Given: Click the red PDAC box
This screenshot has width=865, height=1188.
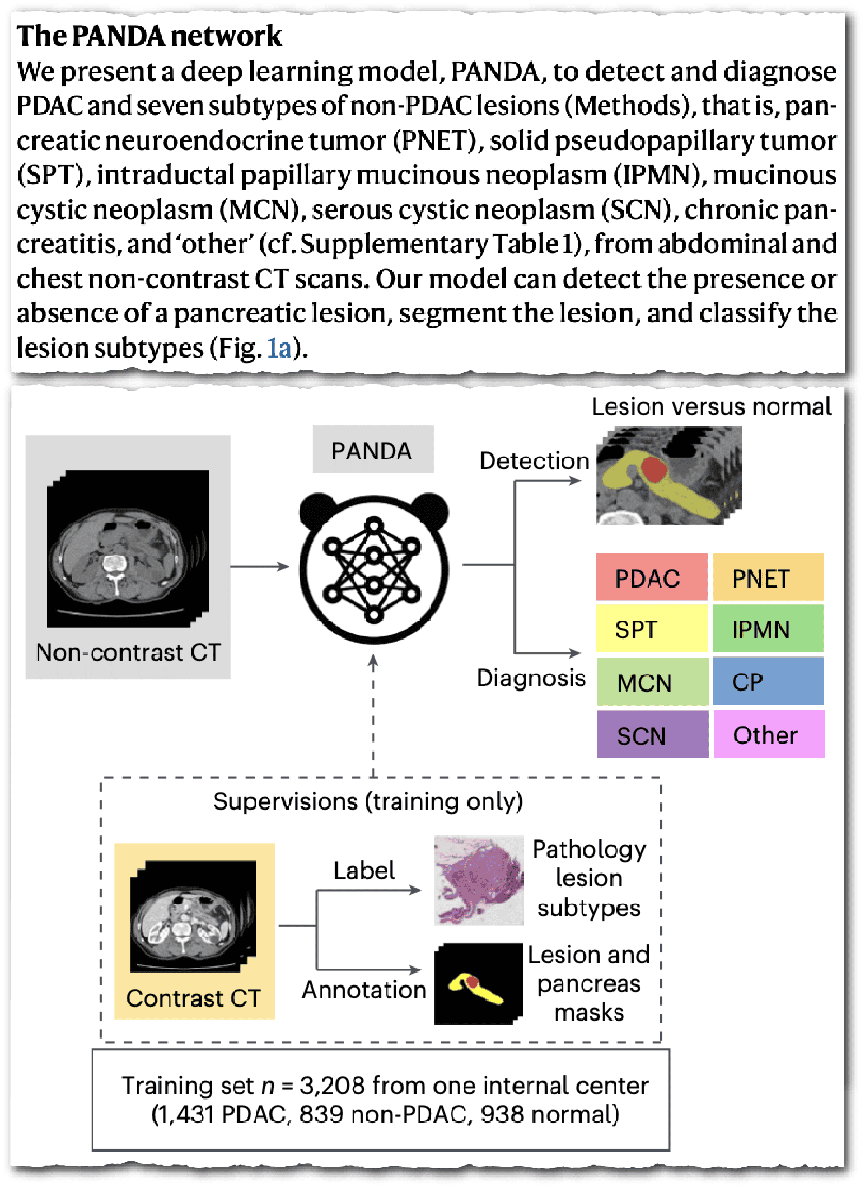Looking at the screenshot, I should (652, 577).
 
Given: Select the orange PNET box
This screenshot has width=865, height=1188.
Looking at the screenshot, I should (768, 577).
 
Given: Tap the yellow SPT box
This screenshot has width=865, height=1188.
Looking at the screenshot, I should (652, 629).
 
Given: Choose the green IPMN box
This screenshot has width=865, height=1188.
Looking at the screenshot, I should (768, 629).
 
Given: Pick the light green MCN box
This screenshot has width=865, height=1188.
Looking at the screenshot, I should (652, 682).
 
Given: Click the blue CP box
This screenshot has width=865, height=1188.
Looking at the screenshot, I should (768, 681).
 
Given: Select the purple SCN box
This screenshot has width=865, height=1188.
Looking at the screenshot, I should (652, 734).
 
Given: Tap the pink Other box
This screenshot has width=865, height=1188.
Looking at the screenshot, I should (769, 734).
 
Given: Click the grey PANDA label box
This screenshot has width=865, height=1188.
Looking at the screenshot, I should (373, 450).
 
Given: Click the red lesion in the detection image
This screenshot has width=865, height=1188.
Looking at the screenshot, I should (653, 469).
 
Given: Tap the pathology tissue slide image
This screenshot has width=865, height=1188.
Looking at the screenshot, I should (479, 880).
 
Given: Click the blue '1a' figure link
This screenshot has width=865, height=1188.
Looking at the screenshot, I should (279, 349).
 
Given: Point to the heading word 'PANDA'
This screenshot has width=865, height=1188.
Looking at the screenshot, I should (120, 36).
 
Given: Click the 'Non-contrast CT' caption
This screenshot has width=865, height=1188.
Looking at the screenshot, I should (128, 652).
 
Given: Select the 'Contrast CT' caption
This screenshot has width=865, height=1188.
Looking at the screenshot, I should (194, 998).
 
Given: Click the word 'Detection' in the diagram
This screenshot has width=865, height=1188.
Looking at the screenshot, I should (534, 461).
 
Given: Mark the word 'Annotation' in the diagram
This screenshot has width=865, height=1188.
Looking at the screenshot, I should (364, 990).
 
